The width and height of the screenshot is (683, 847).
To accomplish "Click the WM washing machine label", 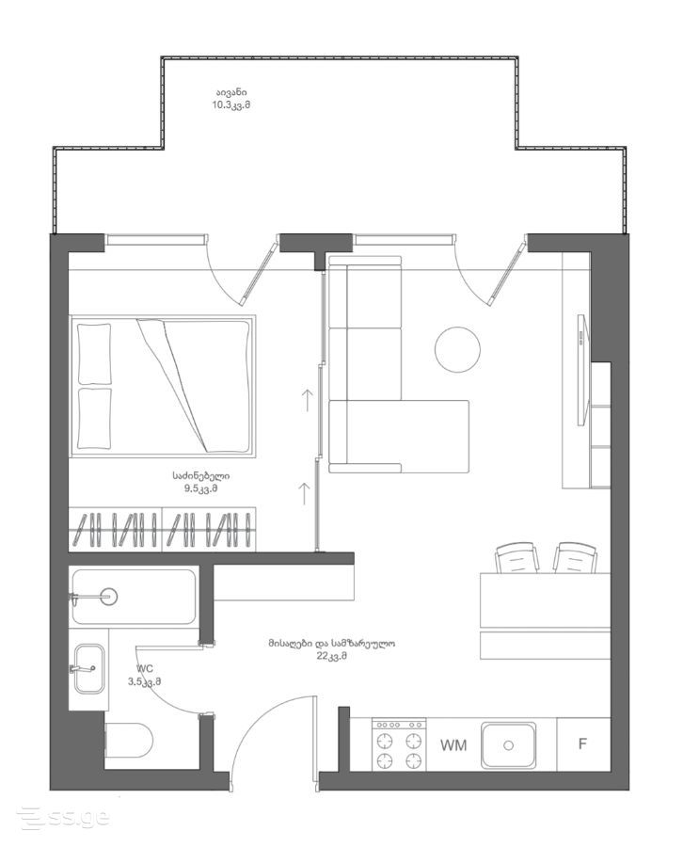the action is [x=453, y=745].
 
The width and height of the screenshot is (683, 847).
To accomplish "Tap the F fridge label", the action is [x=582, y=743].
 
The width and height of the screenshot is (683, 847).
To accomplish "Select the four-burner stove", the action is [x=399, y=745].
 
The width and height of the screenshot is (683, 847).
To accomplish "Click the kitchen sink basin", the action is [x=509, y=745].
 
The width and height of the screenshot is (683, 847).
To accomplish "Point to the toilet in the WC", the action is [x=129, y=740].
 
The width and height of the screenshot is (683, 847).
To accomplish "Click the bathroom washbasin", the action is [x=88, y=668].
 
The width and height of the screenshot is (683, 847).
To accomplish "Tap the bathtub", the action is [x=134, y=597].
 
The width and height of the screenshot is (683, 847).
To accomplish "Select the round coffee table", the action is [x=457, y=349].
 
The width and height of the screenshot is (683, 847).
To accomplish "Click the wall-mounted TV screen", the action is [x=581, y=370].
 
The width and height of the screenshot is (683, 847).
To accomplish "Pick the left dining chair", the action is [x=517, y=558].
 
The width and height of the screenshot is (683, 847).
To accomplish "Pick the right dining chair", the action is [x=575, y=558].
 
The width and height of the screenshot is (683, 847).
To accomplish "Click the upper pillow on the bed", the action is [x=94, y=355].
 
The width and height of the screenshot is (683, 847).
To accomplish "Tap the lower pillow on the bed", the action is [x=94, y=418].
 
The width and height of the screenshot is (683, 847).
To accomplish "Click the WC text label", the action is [x=145, y=669].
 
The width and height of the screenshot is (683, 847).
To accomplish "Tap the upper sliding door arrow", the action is [x=307, y=400].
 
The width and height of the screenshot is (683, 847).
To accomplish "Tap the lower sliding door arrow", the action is [x=305, y=493].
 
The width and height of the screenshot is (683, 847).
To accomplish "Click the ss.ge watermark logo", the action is [x=64, y=819].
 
